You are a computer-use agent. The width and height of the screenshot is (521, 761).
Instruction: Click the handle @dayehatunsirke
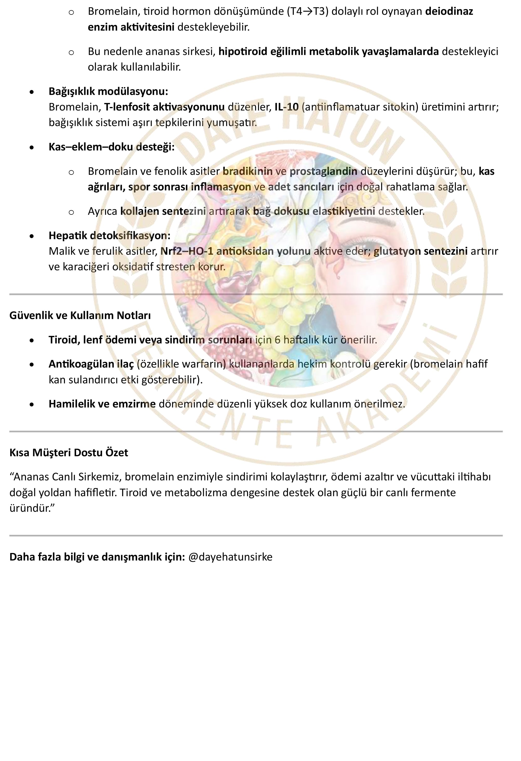(230, 557)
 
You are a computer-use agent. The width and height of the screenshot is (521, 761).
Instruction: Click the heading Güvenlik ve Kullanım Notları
(80, 315)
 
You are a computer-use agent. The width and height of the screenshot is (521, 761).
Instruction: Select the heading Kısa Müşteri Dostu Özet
(69, 453)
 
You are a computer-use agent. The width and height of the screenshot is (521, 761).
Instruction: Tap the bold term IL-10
(286, 107)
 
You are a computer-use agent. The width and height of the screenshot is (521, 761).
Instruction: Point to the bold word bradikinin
(247, 171)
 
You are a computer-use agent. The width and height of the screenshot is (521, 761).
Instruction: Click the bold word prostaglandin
(323, 171)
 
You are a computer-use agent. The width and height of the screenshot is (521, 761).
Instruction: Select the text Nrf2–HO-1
(186, 251)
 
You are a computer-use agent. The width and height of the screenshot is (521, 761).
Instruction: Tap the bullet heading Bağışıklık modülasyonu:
(108, 91)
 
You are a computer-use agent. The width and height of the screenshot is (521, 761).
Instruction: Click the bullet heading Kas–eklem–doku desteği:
(111, 147)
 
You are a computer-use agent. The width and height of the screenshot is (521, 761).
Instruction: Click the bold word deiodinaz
(449, 11)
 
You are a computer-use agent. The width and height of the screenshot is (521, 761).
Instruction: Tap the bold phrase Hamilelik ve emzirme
(102, 404)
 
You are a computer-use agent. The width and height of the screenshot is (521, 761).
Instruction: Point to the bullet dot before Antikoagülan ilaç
(31, 364)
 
